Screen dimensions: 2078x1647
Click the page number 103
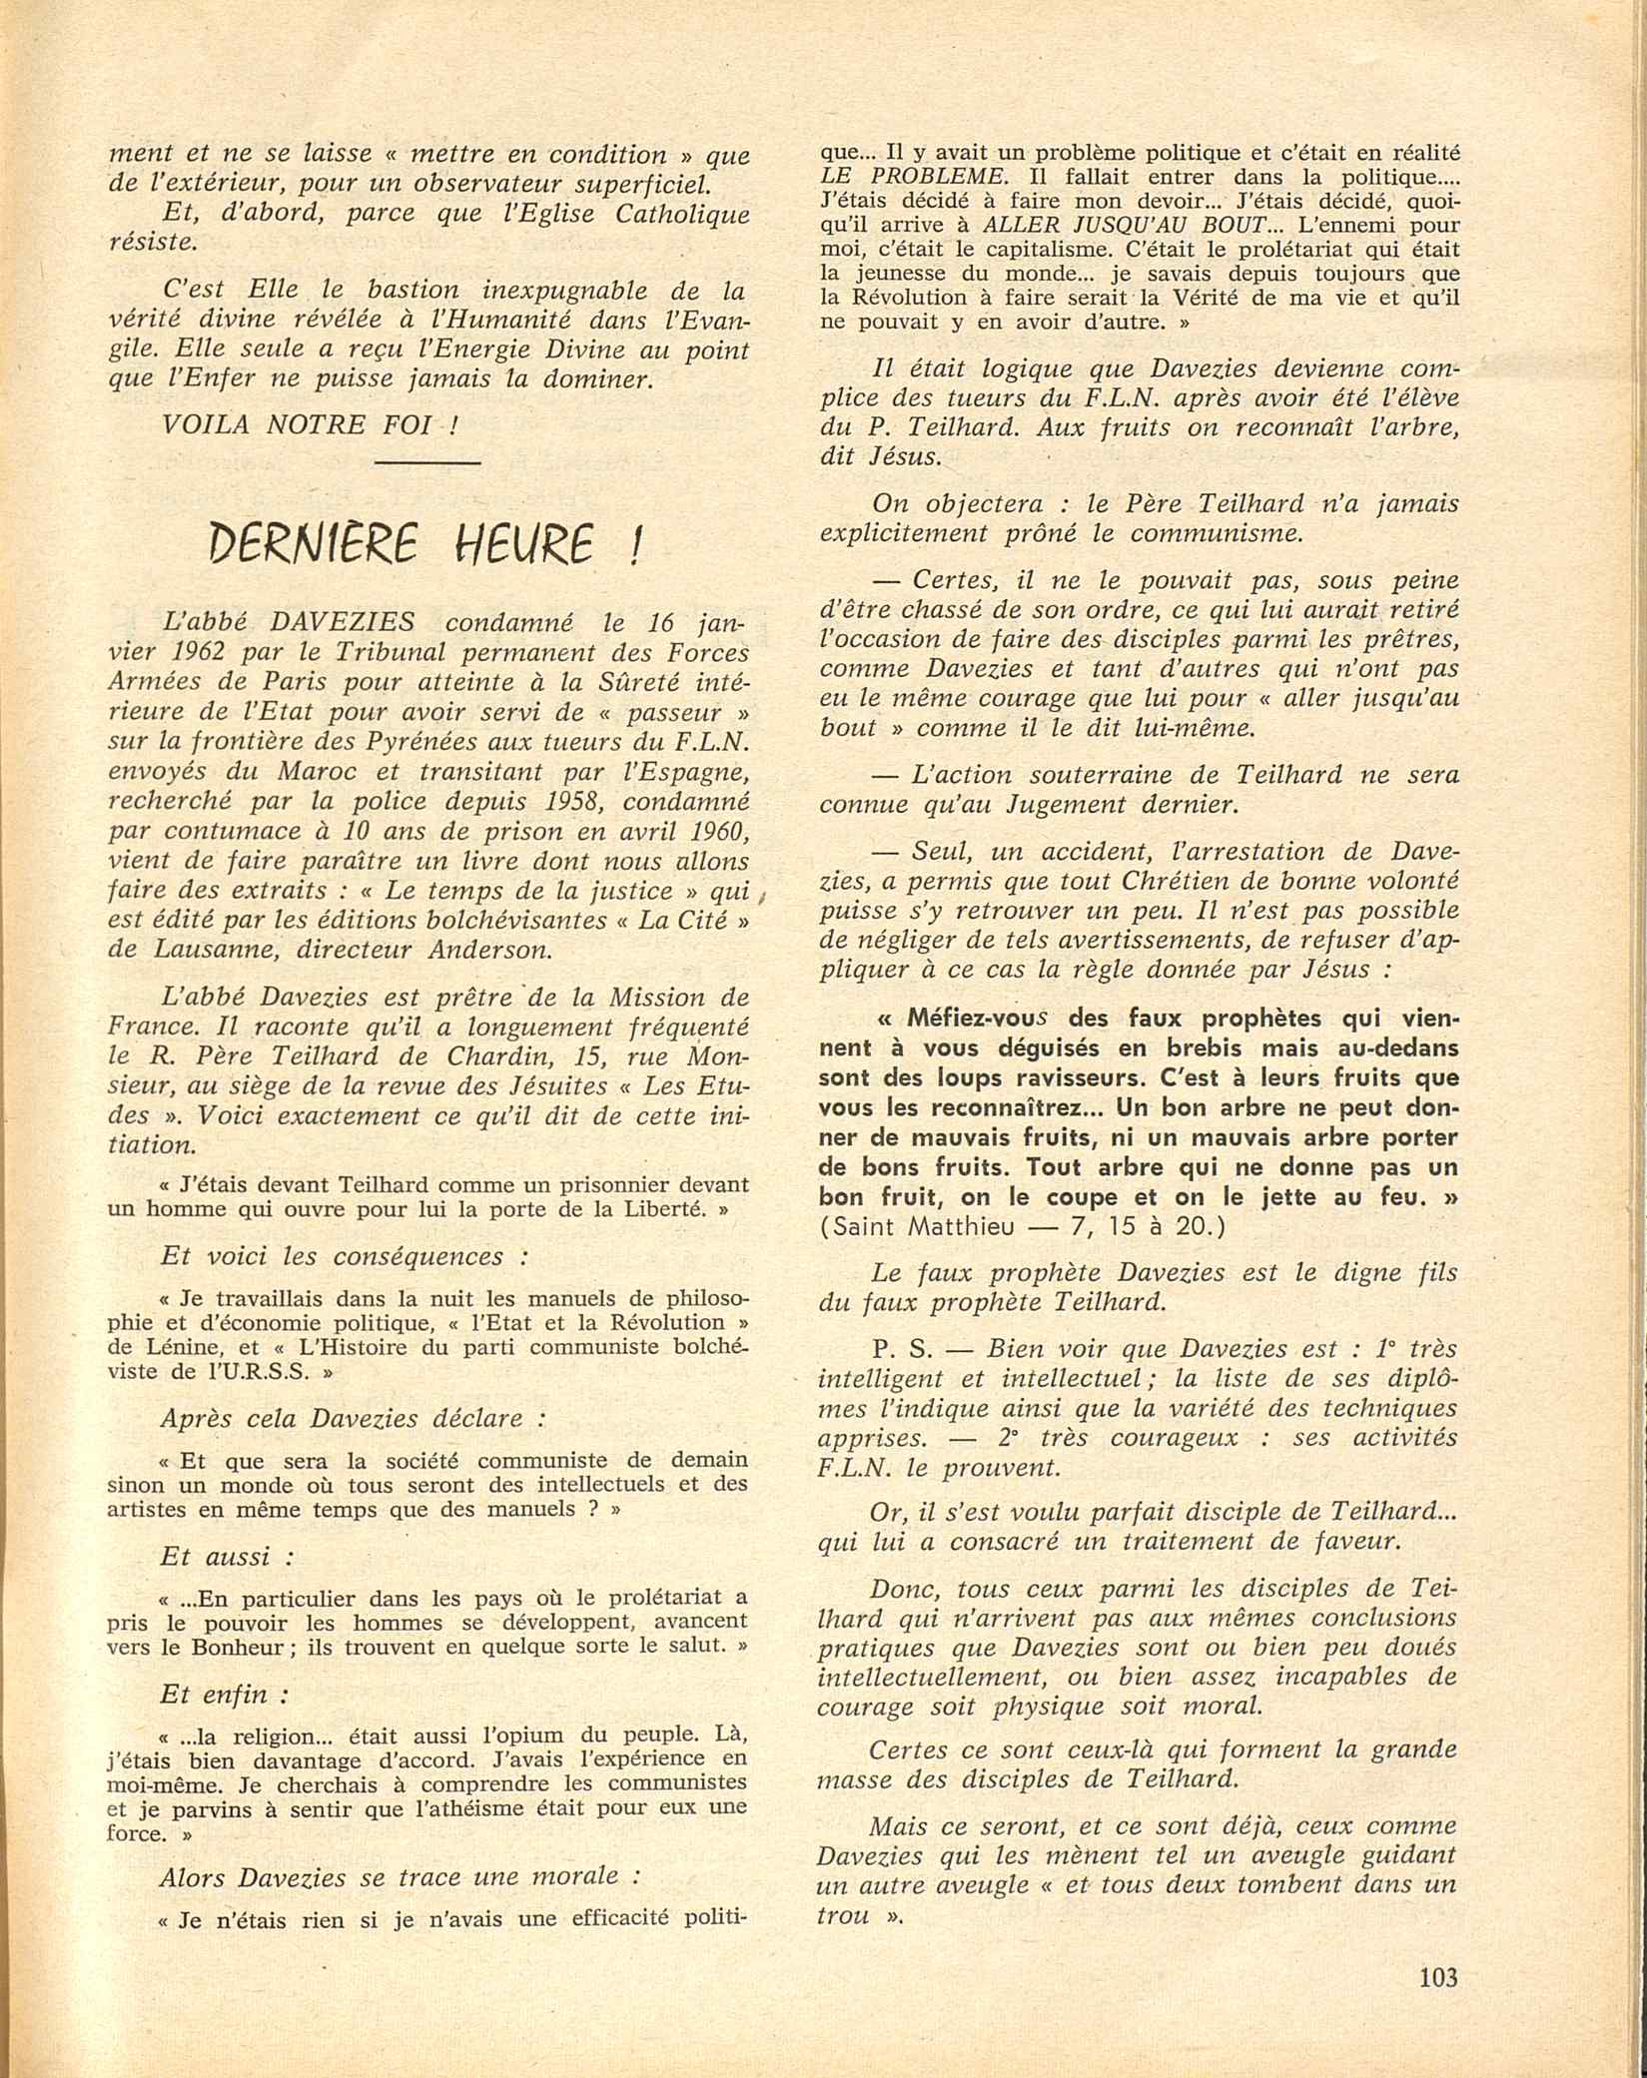pyautogui.click(x=1437, y=1977)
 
